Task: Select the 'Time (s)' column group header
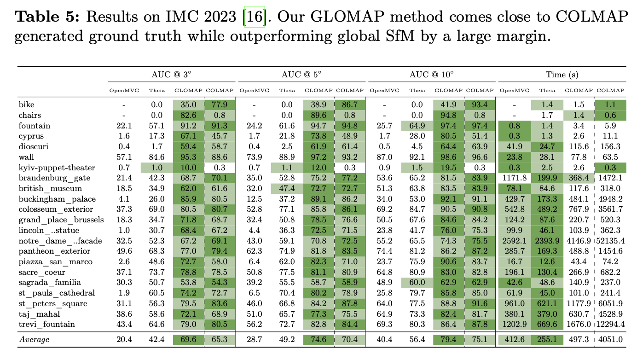[562, 74]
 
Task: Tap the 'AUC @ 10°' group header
[431, 74]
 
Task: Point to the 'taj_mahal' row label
[39, 314]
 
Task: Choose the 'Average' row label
[34, 340]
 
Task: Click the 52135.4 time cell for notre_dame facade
[610, 241]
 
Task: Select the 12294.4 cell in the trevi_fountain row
[610, 325]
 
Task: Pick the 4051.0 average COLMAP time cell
[612, 340]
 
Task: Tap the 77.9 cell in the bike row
[220, 105]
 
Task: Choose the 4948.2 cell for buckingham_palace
[612, 199]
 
